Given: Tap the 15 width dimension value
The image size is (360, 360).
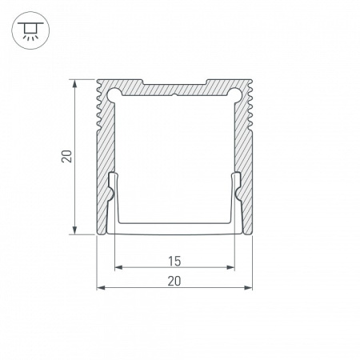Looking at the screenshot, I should coord(174,260).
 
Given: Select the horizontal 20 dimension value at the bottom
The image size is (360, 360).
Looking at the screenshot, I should coord(174,280).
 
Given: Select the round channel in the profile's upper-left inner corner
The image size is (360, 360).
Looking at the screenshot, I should coord(112,93).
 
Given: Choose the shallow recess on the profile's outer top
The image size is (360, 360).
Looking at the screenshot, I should coord(174,83).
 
